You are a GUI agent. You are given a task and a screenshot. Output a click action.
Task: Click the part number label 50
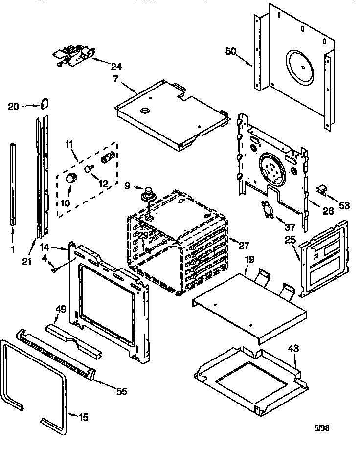232,51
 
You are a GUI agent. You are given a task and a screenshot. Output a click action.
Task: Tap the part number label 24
116,67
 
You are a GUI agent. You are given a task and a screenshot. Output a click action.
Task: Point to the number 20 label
14,106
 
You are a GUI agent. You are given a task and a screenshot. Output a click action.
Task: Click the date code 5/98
321,427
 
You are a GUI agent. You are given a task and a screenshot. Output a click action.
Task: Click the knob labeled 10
72,177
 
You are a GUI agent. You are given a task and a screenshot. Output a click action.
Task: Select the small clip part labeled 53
322,189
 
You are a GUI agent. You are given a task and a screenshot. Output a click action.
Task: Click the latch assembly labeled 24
73,55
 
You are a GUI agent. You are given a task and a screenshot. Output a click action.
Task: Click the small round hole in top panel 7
145,112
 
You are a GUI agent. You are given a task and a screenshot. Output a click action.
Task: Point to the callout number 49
61,309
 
